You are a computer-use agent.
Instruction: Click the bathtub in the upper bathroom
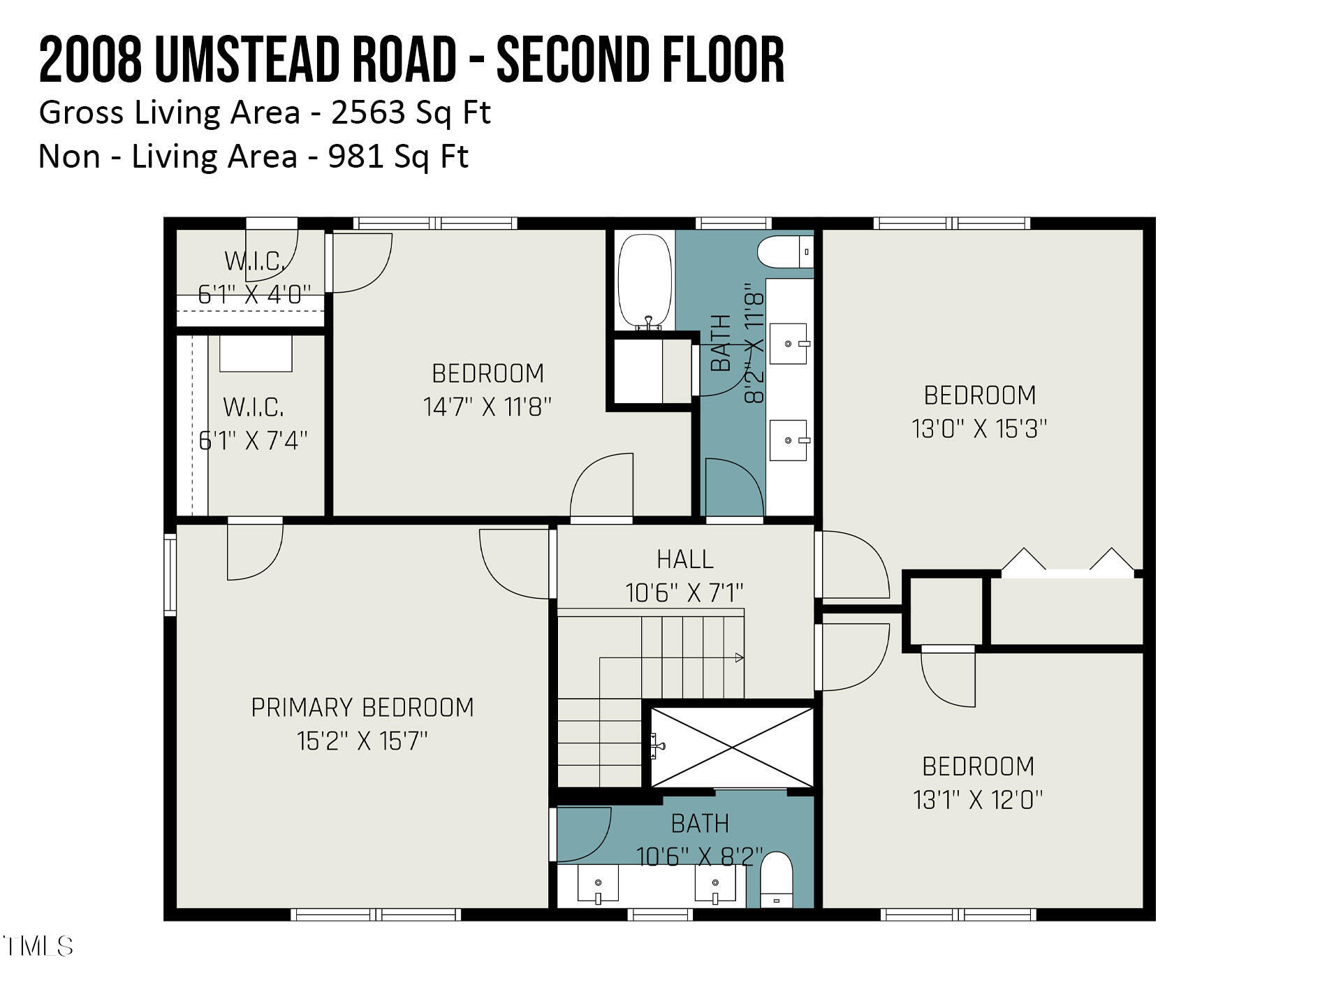[x=645, y=281]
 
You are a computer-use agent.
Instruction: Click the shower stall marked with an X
[x=732, y=747]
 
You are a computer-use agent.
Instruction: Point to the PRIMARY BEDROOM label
[x=362, y=708]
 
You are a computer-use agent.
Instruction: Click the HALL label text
[x=684, y=559]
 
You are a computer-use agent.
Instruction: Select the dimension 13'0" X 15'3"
[x=979, y=428]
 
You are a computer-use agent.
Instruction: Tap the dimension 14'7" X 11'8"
[x=487, y=407]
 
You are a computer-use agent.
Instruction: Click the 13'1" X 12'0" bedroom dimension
[x=978, y=799]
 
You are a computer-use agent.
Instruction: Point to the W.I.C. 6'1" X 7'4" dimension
[x=253, y=441]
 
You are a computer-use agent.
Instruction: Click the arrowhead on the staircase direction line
[x=740, y=657]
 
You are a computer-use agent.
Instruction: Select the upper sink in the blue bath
[x=789, y=344]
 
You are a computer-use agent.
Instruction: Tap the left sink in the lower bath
[x=598, y=884]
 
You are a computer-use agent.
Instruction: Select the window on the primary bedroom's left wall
[x=170, y=575]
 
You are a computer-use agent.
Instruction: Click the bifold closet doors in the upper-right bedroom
[x=1068, y=563]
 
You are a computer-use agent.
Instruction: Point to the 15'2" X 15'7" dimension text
[x=362, y=741]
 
